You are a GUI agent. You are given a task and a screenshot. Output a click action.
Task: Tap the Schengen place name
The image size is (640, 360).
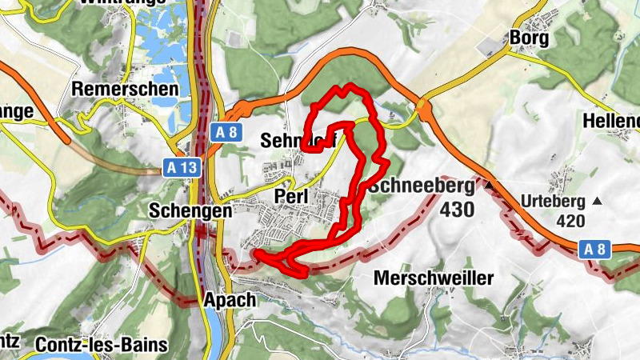point(190,211)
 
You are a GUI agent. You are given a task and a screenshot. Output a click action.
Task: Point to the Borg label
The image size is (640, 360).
point(528,38)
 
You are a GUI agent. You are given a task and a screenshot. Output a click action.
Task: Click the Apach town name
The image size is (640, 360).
point(229,300)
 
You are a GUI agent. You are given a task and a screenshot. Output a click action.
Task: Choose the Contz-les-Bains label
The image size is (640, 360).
point(102,346)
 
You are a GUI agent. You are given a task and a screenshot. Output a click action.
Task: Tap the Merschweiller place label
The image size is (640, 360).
point(434,278)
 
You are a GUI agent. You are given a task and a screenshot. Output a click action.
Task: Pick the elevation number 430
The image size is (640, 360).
point(457,210)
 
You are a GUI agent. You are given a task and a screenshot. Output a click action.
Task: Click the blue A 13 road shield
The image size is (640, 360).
point(181,166)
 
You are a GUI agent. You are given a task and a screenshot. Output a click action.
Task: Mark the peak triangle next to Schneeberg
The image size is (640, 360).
point(487,185)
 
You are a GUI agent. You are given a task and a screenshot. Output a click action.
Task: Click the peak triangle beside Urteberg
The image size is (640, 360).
point(597,200)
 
